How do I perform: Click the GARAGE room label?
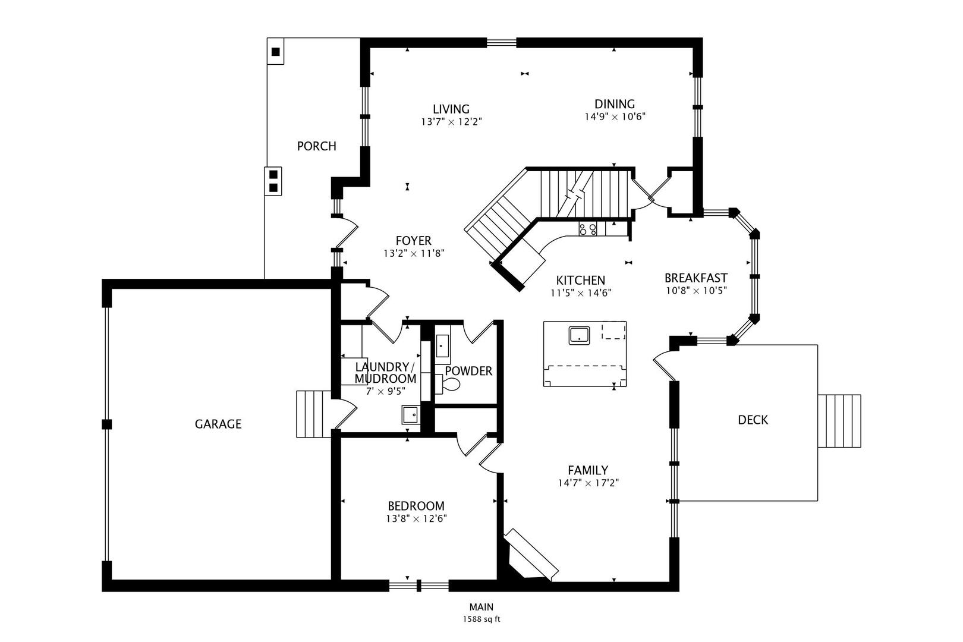pyautogui.click(x=218, y=424)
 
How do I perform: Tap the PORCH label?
pyautogui.click(x=316, y=146)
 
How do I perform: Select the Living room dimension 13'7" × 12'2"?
pyautogui.click(x=451, y=122)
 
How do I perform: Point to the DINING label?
pyautogui.click(x=614, y=104)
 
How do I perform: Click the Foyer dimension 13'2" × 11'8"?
pyautogui.click(x=414, y=254)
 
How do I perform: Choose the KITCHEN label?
pyautogui.click(x=580, y=281)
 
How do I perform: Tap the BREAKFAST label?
pyautogui.click(x=696, y=278)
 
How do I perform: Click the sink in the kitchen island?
pyautogui.click(x=579, y=335)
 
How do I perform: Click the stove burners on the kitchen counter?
pyautogui.click(x=588, y=229)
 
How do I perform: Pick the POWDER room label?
pyautogui.click(x=468, y=371)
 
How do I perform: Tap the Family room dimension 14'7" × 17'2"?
pyautogui.click(x=588, y=483)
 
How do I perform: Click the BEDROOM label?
pyautogui.click(x=416, y=506)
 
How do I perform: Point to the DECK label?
pyautogui.click(x=753, y=420)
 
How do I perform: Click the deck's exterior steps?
pyautogui.click(x=839, y=421)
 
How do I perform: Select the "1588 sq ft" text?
pyautogui.click(x=481, y=619)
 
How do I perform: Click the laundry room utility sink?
pyautogui.click(x=410, y=414)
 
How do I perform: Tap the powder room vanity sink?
pyautogui.click(x=442, y=346)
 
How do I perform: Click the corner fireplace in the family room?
pyautogui.click(x=530, y=555)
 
